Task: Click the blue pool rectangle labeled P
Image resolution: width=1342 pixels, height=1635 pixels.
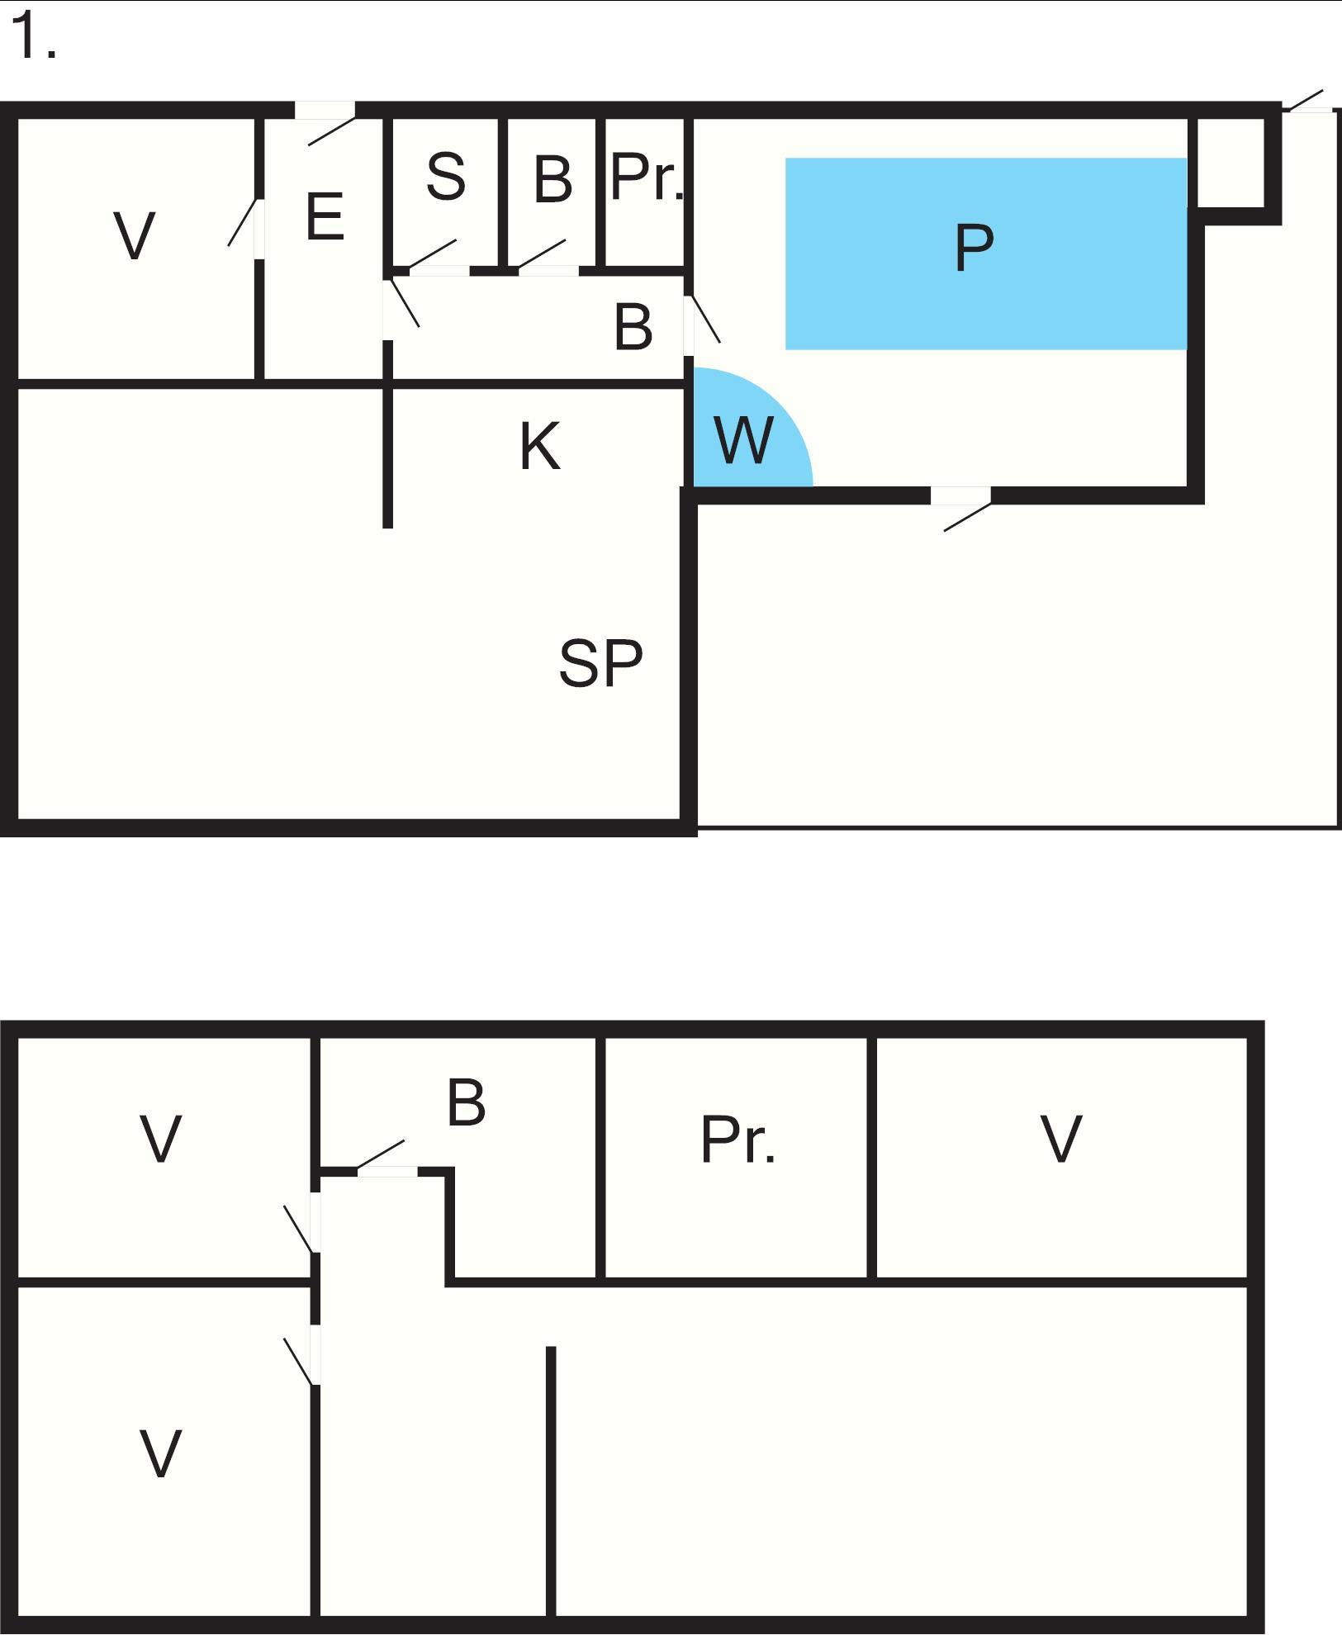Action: (x=985, y=254)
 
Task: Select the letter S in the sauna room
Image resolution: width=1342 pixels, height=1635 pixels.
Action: (x=446, y=176)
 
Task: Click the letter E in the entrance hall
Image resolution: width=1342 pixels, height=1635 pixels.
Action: (x=325, y=216)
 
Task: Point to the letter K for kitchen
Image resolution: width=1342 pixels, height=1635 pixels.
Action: (x=540, y=446)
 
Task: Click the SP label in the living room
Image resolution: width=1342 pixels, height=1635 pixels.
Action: (x=600, y=663)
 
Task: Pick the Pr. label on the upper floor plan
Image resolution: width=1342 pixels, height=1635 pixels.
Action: (x=647, y=178)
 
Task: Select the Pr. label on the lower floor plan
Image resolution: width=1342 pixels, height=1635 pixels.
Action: (x=737, y=1140)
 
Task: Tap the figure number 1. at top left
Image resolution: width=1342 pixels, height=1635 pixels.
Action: (x=34, y=37)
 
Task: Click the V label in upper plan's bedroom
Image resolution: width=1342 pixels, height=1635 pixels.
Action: (x=134, y=236)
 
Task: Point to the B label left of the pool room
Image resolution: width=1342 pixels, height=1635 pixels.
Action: (x=633, y=326)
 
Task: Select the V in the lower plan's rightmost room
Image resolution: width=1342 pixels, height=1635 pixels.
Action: (x=1060, y=1140)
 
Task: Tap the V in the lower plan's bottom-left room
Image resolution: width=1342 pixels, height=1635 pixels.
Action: (x=160, y=1453)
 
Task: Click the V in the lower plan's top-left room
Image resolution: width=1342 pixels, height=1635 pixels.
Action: (x=160, y=1140)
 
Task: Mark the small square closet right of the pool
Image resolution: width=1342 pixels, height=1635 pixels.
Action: (x=1231, y=163)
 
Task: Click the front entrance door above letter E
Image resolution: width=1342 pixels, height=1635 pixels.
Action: (x=326, y=122)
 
